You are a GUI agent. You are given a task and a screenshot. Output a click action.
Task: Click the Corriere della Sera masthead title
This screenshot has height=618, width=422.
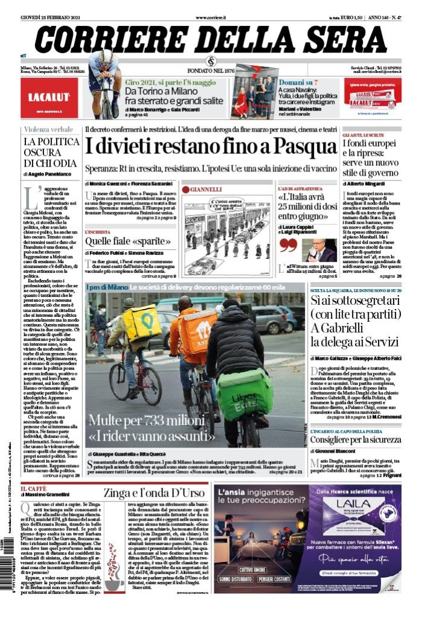211,40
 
